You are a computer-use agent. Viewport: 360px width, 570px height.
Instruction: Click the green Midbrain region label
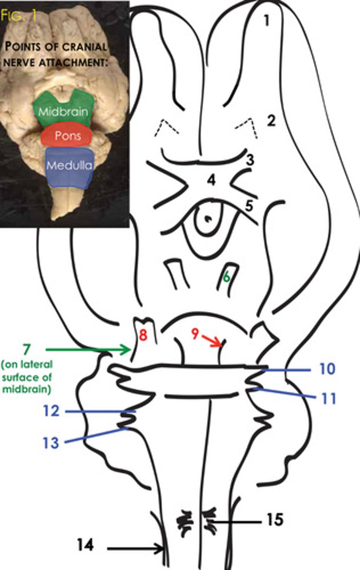click(63, 112)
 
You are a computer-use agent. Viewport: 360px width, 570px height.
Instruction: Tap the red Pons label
click(68, 136)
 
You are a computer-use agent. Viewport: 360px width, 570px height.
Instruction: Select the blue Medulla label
click(69, 165)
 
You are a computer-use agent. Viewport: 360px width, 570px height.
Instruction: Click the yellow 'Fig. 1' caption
click(19, 15)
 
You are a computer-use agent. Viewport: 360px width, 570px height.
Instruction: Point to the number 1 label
click(266, 20)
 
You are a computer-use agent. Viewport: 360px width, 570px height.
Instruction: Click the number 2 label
click(272, 121)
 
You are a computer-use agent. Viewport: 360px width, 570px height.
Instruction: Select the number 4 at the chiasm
click(211, 180)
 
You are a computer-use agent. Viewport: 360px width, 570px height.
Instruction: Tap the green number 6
click(227, 277)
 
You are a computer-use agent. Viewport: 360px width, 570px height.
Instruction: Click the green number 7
click(27, 350)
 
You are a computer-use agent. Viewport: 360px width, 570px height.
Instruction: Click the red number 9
click(195, 333)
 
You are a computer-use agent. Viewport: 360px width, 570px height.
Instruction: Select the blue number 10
click(327, 369)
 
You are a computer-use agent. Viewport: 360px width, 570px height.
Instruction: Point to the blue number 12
click(51, 411)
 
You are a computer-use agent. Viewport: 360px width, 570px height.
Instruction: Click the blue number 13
click(51, 443)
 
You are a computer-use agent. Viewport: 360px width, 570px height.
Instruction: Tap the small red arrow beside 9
click(212, 341)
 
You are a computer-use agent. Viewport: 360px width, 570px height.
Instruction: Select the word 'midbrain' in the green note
click(27, 389)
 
